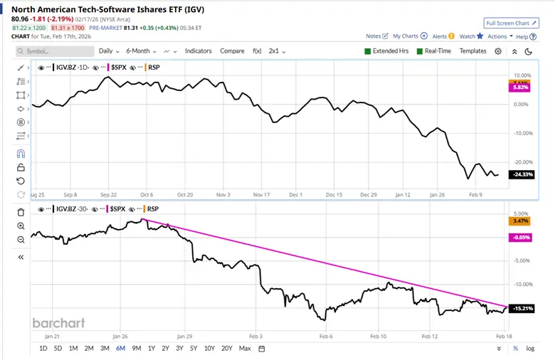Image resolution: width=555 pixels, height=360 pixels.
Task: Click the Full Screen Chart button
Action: [x=511, y=23]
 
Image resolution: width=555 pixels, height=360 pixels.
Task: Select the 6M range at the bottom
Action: [x=120, y=348]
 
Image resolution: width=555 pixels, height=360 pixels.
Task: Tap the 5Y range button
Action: [x=194, y=348]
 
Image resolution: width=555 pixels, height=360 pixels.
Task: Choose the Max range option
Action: [x=245, y=348]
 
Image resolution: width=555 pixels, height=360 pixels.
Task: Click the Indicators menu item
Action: [x=199, y=51]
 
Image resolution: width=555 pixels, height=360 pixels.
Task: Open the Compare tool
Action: [x=232, y=51]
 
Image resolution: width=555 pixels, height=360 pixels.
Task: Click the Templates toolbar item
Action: [x=472, y=51]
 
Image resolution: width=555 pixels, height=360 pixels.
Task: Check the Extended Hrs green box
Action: [x=368, y=51]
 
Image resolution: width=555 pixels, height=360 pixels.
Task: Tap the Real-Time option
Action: [x=421, y=51]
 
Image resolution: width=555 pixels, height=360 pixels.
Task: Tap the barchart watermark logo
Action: [x=58, y=323]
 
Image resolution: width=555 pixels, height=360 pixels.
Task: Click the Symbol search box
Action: [x=55, y=51]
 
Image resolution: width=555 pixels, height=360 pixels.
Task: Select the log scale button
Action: [x=530, y=348]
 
